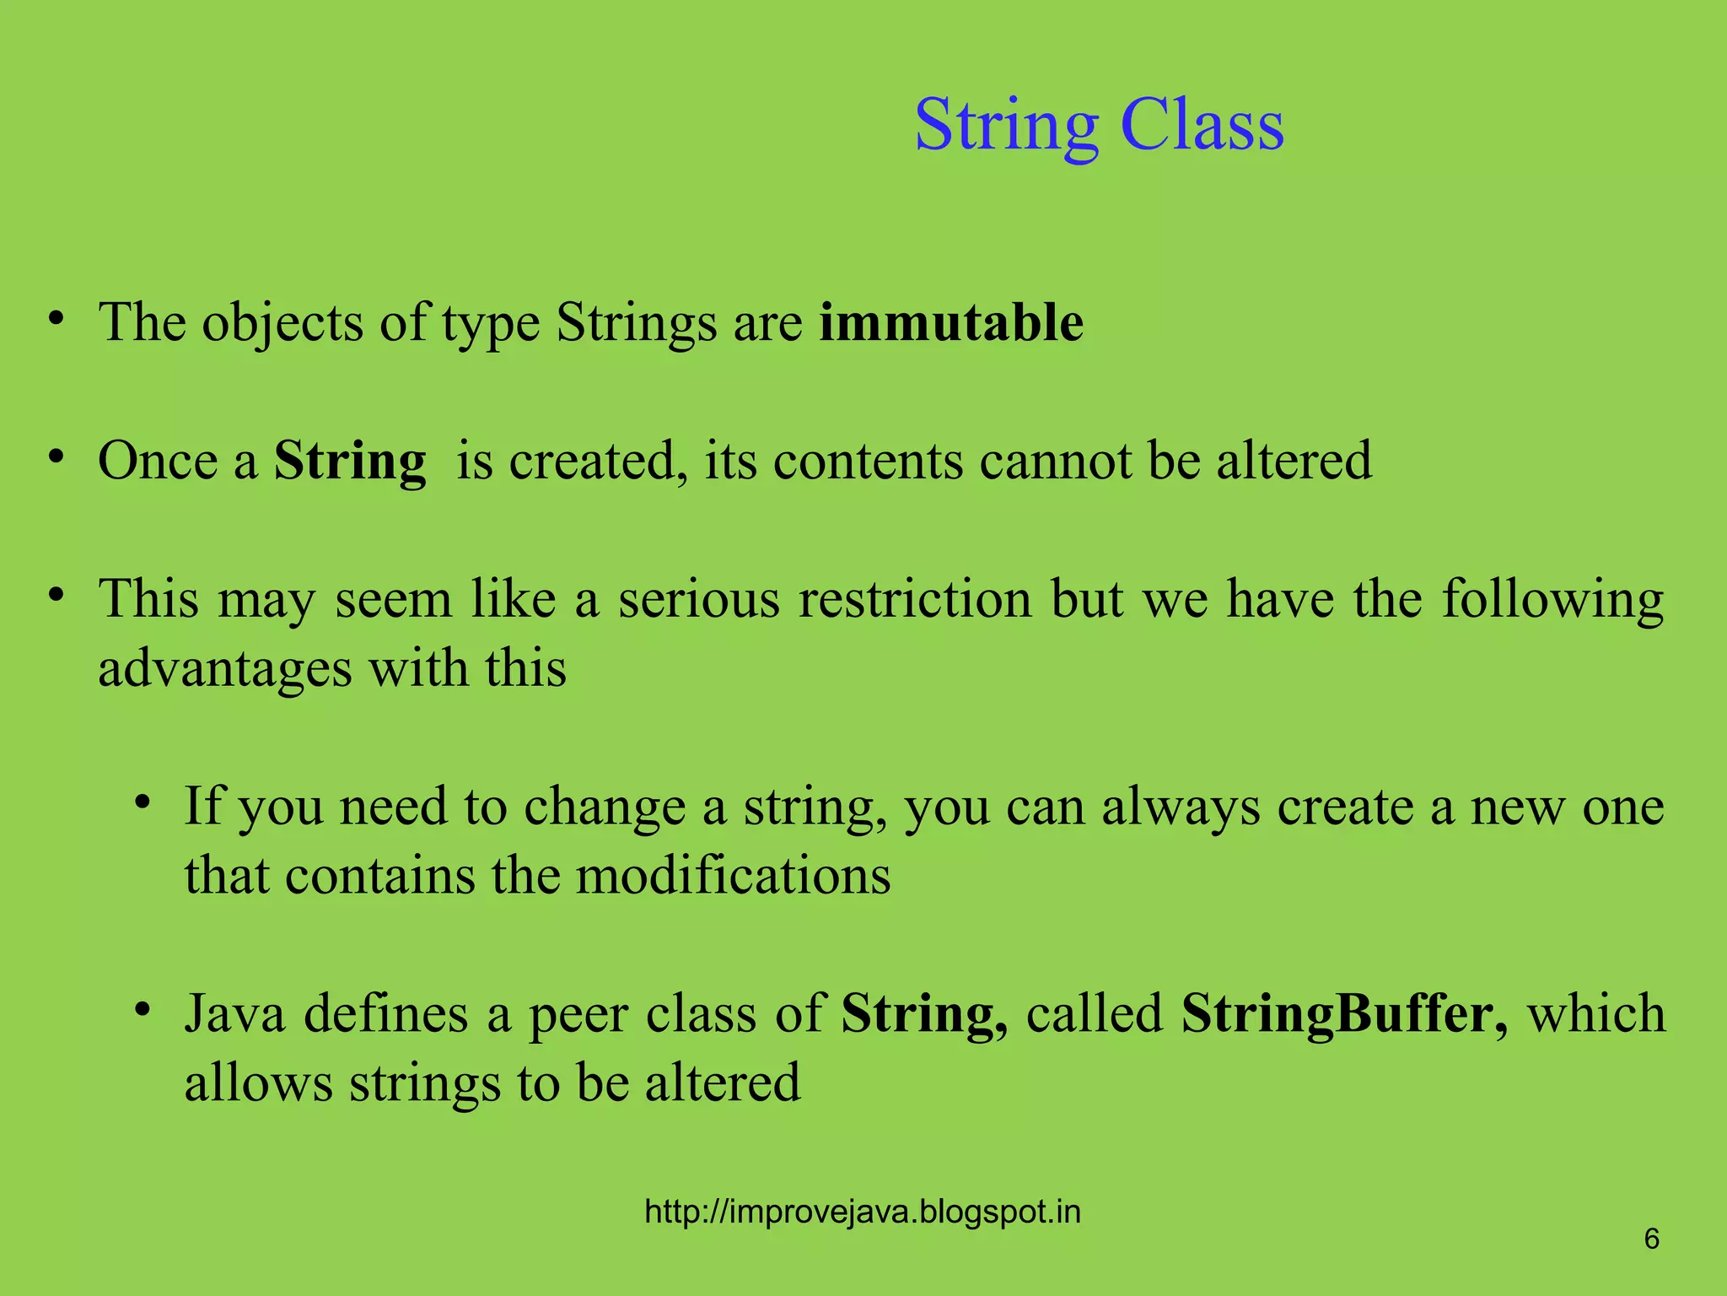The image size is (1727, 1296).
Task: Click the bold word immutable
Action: pos(950,322)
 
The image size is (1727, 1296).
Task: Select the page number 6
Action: pos(1651,1239)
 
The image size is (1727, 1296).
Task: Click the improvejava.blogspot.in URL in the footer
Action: pos(862,1212)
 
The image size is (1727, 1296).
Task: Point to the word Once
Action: pos(157,461)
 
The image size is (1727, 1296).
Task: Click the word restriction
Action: pos(915,599)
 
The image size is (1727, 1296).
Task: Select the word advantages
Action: pos(224,669)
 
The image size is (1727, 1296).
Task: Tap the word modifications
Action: pos(733,875)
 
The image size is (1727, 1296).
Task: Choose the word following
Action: pos(1552,601)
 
